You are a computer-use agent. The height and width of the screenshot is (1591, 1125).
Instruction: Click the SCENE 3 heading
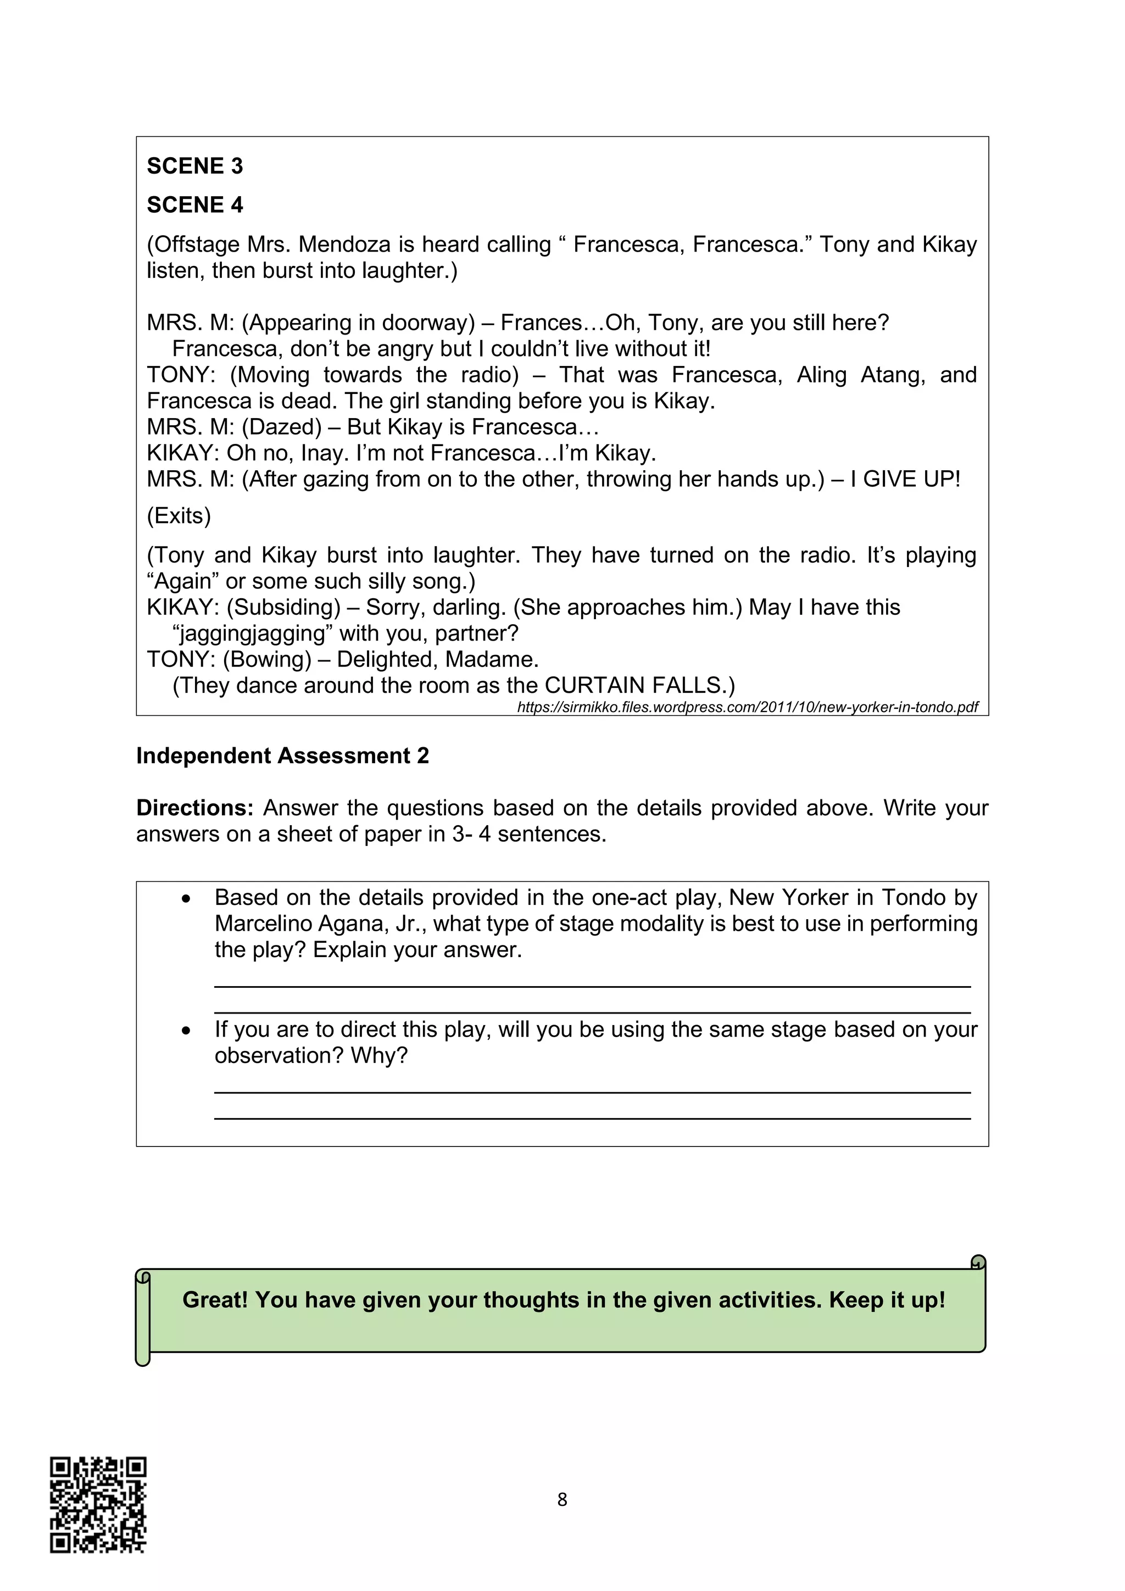[194, 166]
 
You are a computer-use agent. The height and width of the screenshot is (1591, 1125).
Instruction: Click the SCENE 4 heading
[194, 205]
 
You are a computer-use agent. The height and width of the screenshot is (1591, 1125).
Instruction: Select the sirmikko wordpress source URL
[748, 708]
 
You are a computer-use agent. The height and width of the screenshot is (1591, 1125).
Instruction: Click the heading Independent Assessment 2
[282, 756]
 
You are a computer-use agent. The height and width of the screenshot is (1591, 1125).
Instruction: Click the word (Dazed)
[281, 427]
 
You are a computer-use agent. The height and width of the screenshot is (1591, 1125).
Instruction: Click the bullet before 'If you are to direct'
[186, 1031]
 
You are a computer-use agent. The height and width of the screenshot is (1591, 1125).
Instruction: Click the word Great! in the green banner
[215, 1300]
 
